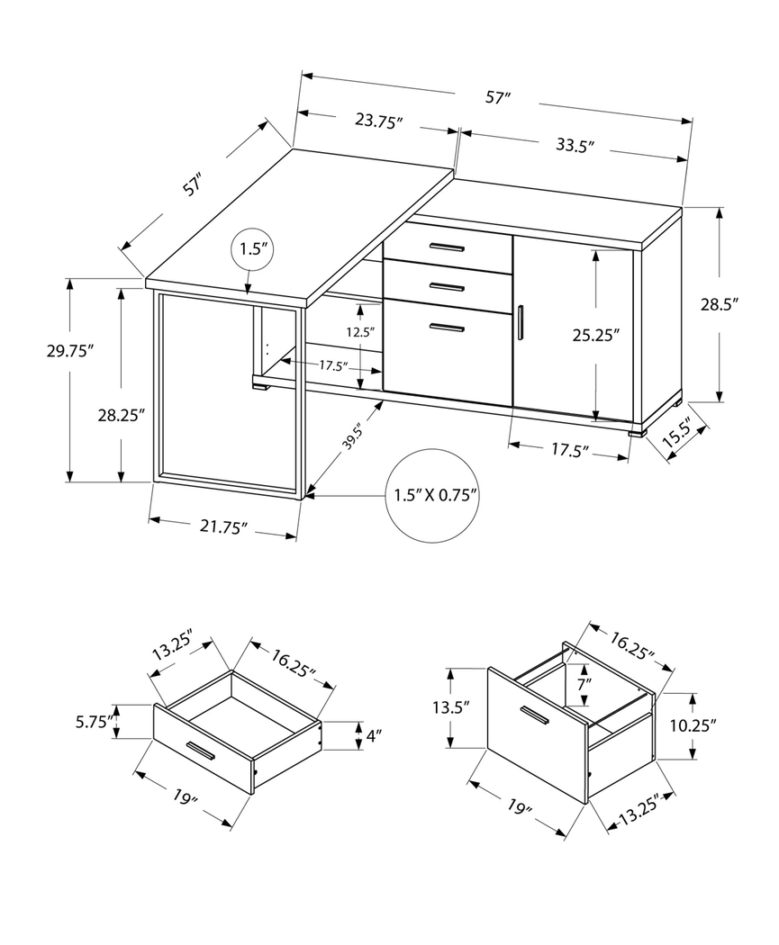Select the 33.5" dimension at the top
coord(576,147)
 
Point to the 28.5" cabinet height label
coord(720,304)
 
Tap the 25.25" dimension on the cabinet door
coord(597,336)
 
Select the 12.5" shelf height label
coord(359,332)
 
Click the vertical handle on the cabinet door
coord(521,323)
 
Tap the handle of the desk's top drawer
coord(447,247)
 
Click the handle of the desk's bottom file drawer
coord(447,328)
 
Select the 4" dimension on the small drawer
coord(374,735)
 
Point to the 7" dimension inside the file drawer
coord(584,683)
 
